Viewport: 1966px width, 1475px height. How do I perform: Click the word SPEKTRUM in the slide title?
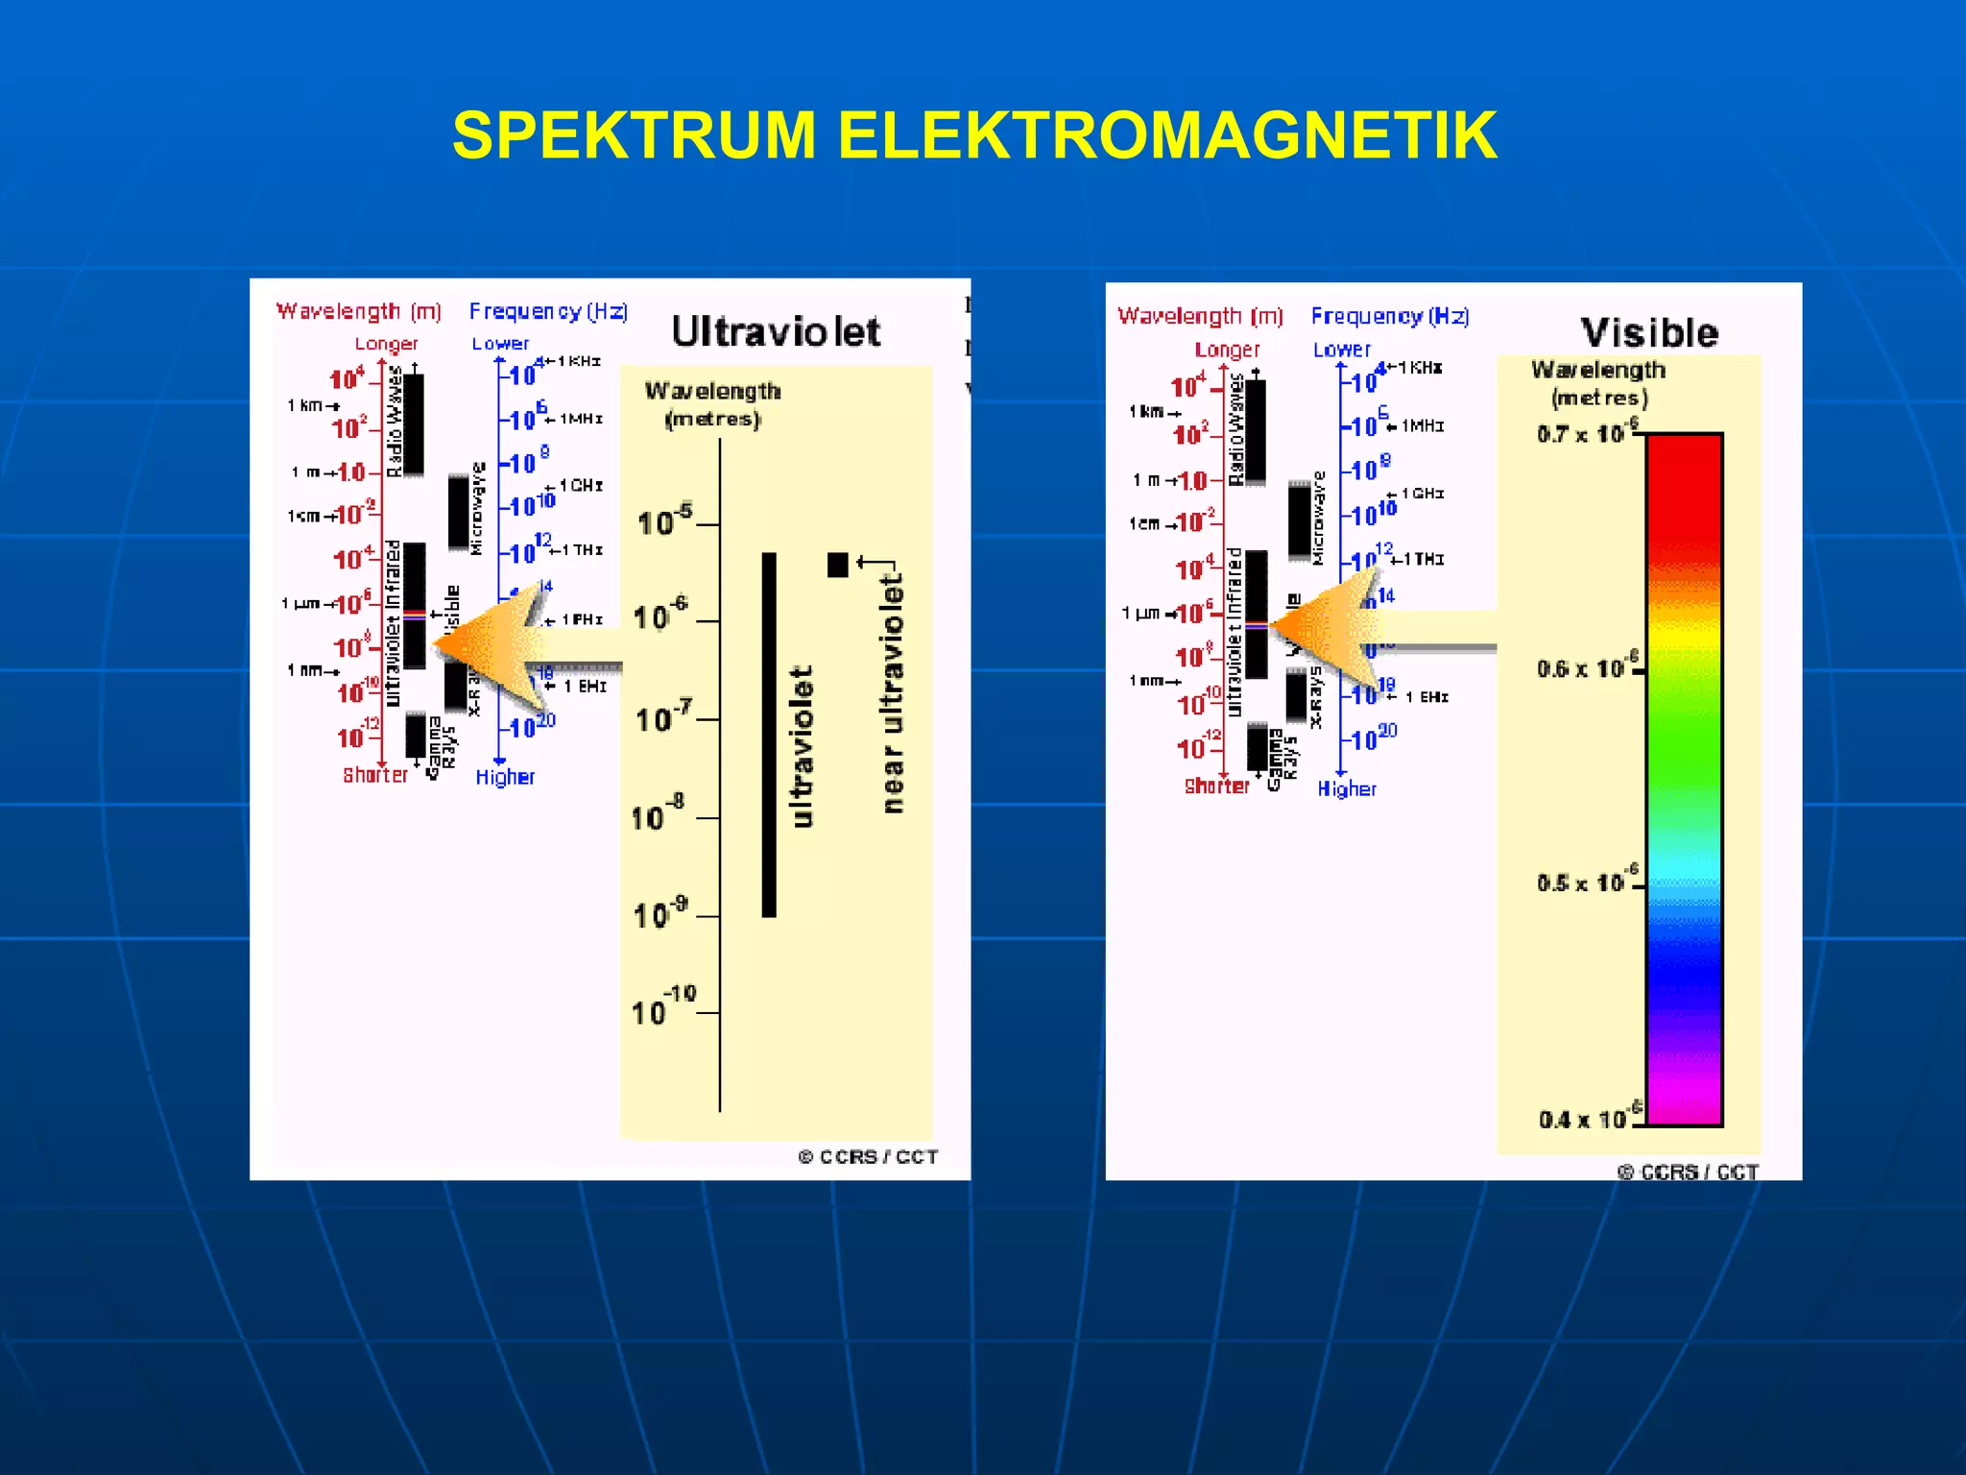click(x=634, y=135)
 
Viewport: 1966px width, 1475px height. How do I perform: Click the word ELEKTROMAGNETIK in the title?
click(x=1166, y=135)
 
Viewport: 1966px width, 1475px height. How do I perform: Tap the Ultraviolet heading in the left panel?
click(x=776, y=332)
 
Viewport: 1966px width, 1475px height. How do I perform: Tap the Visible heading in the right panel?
click(x=1649, y=333)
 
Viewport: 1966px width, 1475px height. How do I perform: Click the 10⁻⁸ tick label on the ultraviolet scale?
click(x=659, y=815)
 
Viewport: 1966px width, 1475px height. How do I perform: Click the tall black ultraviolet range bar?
click(x=769, y=735)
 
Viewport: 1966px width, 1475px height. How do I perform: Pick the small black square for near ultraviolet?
click(x=837, y=565)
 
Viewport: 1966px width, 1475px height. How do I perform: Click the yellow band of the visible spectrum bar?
click(x=1685, y=634)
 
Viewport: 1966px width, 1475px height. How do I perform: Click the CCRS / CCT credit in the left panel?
click(x=868, y=1157)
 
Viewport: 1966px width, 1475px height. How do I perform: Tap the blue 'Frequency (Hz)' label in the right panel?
click(x=1390, y=316)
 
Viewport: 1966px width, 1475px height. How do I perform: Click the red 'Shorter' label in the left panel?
click(x=375, y=775)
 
